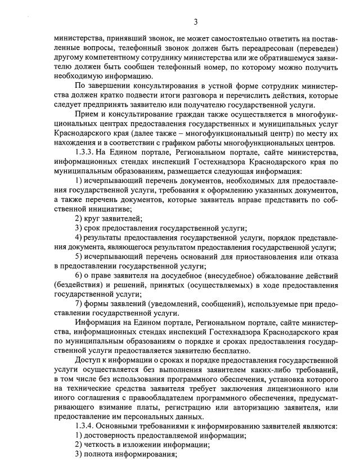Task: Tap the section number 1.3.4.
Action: pos(87,426)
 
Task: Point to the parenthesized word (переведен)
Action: pos(317,48)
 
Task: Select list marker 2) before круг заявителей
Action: pos(79,218)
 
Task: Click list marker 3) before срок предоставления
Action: pos(79,228)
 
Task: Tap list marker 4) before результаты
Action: pos(79,238)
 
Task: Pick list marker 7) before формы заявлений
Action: pos(79,304)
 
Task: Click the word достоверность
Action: pos(111,436)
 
